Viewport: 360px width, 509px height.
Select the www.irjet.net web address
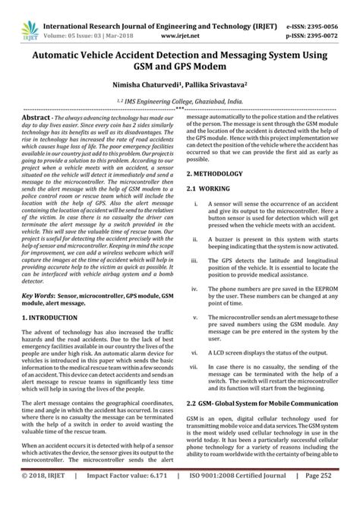(x=180, y=19)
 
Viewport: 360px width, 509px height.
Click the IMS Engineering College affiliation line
(x=180, y=100)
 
